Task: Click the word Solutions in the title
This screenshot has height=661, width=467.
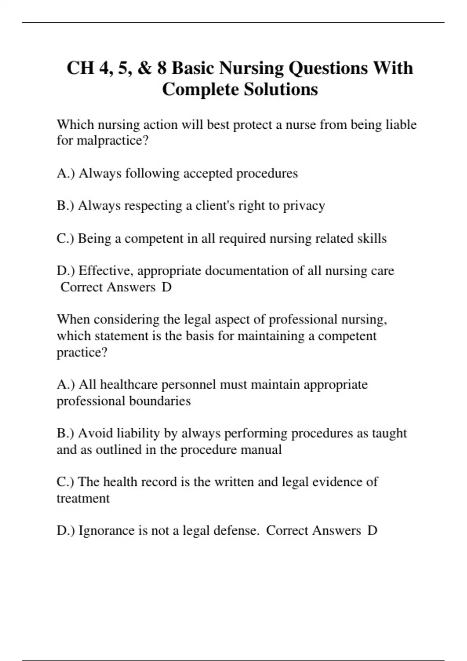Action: point(281,89)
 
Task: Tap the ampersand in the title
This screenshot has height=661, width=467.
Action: point(144,68)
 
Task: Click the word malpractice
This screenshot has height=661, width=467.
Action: point(112,140)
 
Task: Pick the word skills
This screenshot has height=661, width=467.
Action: point(372,238)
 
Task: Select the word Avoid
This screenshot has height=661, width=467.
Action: point(95,433)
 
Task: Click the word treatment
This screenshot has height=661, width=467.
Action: point(83,498)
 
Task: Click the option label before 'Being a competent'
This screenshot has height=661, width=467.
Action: point(65,238)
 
